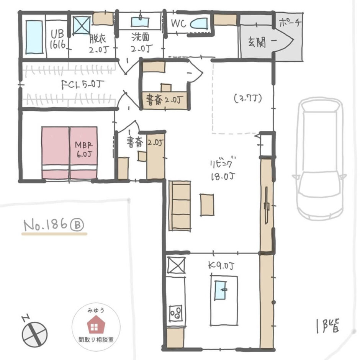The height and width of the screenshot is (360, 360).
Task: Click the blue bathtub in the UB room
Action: point(34,38)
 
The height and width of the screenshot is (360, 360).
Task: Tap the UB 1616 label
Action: point(57,39)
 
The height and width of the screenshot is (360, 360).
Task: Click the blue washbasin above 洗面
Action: point(140,22)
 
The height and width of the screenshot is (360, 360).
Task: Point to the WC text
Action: point(178,23)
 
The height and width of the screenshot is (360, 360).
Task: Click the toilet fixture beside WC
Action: point(199,24)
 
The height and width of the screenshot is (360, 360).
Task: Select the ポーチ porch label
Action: point(290,23)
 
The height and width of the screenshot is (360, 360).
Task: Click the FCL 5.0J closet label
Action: point(82,85)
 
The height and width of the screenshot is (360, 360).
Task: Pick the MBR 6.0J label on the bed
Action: point(84,149)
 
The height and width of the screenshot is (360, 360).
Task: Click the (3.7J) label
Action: point(248,99)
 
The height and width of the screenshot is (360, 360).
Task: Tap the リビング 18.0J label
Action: point(223,169)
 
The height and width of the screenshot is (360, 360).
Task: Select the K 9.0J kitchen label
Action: point(221,266)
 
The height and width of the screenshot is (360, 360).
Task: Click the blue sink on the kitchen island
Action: point(221,290)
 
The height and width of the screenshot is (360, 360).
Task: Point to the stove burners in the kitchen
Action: point(176,313)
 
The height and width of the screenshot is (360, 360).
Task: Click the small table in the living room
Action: point(207,205)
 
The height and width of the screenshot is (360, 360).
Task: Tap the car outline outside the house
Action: point(319,159)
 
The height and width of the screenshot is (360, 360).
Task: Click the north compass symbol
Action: point(34,332)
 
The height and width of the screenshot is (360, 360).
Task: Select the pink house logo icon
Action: point(96,324)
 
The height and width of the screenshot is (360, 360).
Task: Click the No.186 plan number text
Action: point(54,225)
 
